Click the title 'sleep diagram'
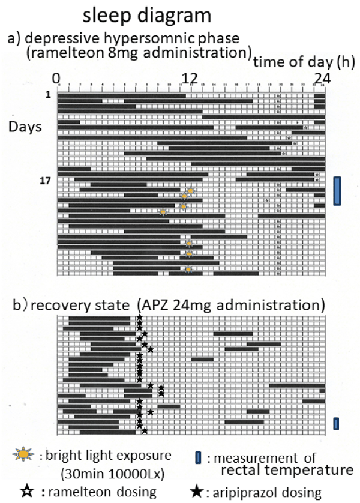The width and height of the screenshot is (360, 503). pyautogui.click(x=138, y=14)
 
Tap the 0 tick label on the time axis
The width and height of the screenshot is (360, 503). pyautogui.click(x=56, y=78)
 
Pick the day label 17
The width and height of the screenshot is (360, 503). pyautogui.click(x=49, y=181)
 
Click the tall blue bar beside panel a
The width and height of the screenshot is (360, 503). pyautogui.click(x=337, y=191)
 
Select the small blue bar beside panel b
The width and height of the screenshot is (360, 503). pyautogui.click(x=337, y=424)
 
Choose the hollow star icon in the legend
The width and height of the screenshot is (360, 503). pyautogui.click(x=25, y=492)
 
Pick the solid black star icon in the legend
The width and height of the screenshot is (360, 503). pyautogui.click(x=196, y=492)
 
